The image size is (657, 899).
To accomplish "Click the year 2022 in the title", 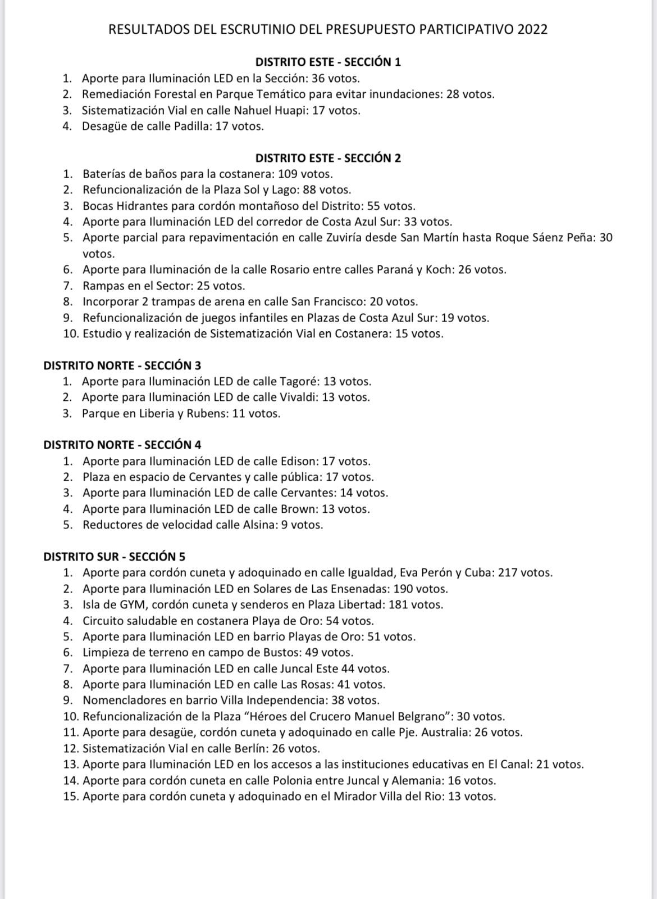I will coord(532,30).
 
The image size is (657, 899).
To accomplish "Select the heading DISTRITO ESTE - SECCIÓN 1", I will coord(328,62).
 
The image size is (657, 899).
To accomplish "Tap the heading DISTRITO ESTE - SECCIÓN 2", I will coord(328,158).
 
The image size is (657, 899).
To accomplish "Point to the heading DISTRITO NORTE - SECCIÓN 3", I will coord(122,365).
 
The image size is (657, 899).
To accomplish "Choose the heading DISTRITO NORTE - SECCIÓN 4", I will coord(122,445).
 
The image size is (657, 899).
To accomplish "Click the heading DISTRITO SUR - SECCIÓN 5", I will coord(115,557).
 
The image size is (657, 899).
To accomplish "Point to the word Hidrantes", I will coord(143,206).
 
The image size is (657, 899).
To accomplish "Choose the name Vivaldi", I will coord(299,397).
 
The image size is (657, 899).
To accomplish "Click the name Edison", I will coord(299,462).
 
